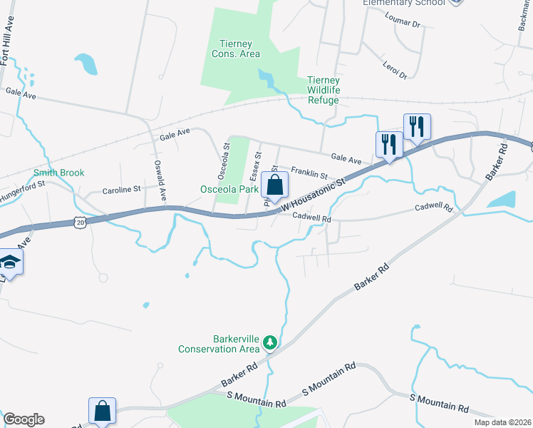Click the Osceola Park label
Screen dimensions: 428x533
tap(229, 189)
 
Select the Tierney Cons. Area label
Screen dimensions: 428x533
tap(236, 49)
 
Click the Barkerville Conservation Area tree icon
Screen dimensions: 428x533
tap(270, 343)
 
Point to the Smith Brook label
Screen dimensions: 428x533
tap(58, 173)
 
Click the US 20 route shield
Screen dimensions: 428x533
tap(78, 223)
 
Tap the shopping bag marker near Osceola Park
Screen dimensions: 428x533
tap(274, 185)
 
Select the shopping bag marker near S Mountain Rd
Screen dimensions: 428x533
tap(102, 411)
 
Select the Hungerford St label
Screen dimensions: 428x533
tap(23, 183)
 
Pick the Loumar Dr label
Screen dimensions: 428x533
tap(403, 24)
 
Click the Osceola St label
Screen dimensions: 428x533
tap(222, 162)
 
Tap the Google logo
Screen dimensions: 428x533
tap(24, 419)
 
